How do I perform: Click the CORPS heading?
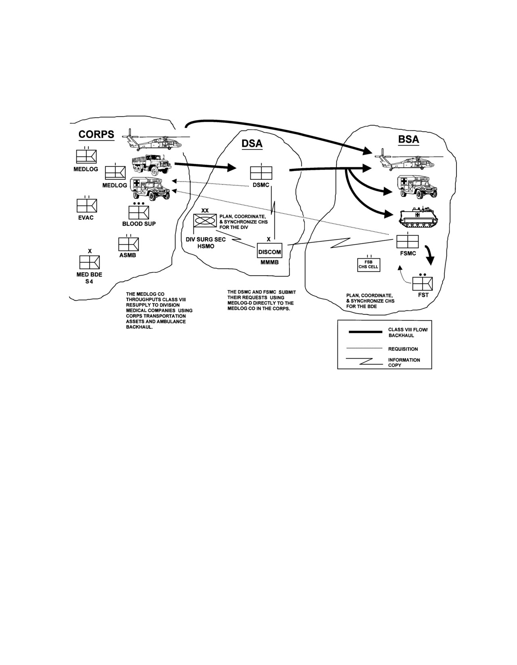tap(96, 134)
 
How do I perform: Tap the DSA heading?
tap(252, 143)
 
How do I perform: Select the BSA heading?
tap(408, 139)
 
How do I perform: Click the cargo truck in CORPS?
tap(151, 164)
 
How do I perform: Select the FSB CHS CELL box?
tap(368, 264)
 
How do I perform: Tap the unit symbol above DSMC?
tap(261, 172)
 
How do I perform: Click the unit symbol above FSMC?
tap(408, 241)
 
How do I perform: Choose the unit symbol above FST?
tap(423, 283)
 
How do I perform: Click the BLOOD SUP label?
tap(139, 224)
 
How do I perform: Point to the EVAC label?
tap(86, 218)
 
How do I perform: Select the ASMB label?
tap(128, 255)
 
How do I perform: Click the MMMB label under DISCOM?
tap(269, 262)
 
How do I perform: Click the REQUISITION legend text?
tap(403, 349)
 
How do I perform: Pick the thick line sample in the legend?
tap(365, 332)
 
